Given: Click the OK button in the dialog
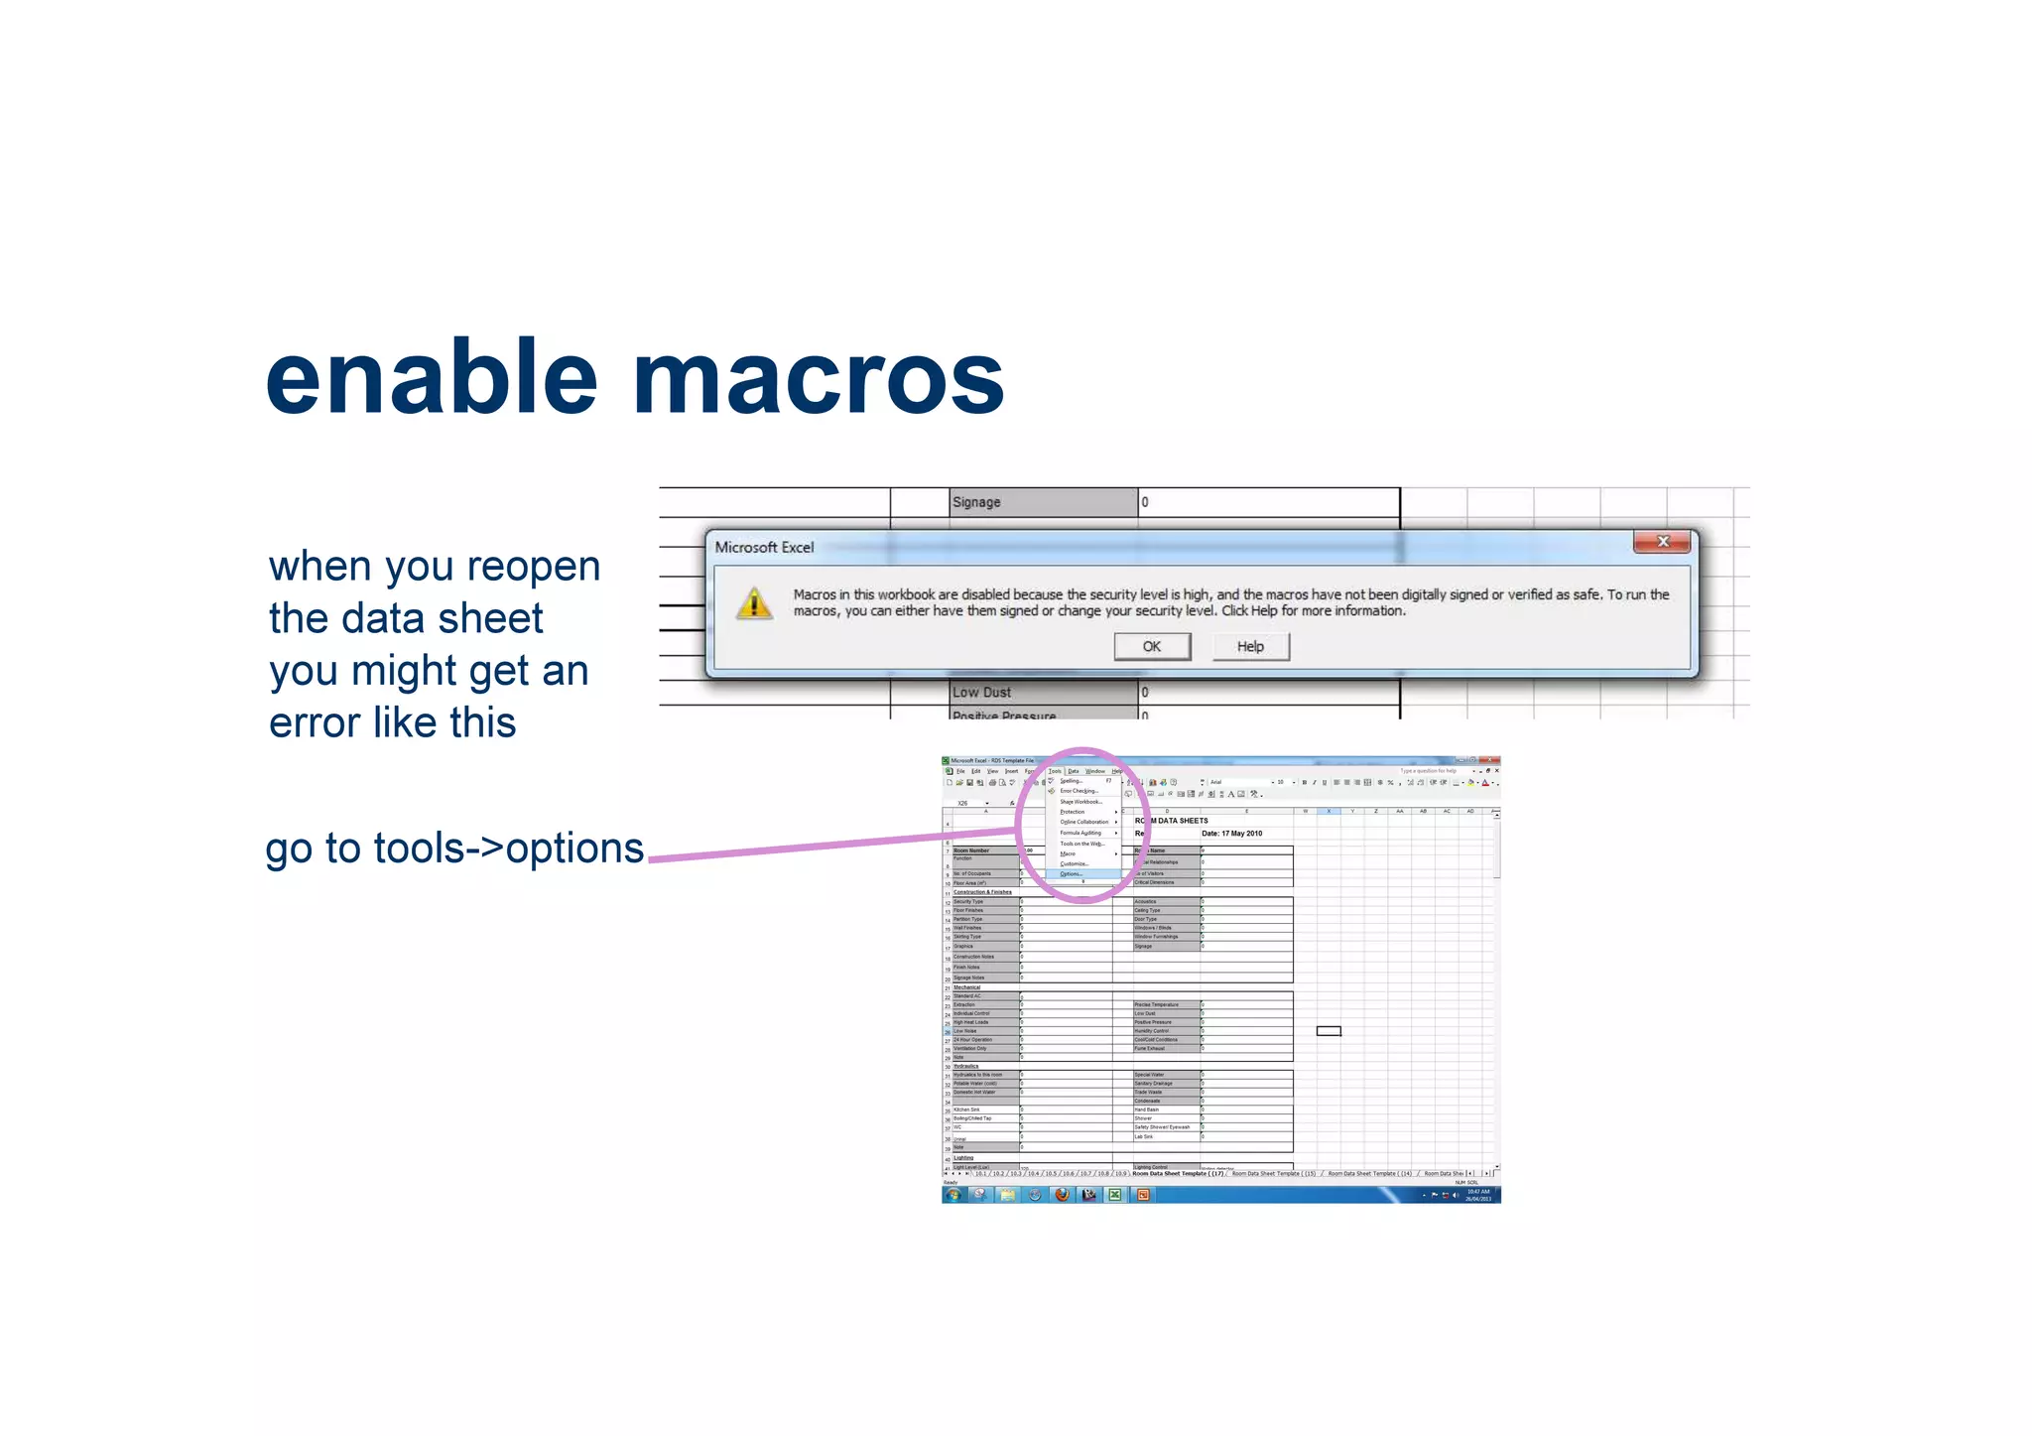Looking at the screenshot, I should click(1151, 647).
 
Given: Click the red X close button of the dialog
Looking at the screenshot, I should click(1663, 542).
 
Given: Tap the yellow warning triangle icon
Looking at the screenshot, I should click(754, 602).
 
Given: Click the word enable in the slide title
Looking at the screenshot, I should click(432, 379).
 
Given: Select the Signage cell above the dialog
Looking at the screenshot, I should click(1042, 502).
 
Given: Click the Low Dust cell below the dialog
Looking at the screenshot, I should click(1042, 692).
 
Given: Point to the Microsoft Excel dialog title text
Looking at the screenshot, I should click(764, 547).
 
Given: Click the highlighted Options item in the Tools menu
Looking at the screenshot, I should click(1072, 874).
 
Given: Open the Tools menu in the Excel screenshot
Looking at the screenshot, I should click(1055, 771).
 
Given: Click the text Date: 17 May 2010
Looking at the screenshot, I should click(1231, 834).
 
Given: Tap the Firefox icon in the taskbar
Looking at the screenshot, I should click(1062, 1195).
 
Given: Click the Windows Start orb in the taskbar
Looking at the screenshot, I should click(953, 1195).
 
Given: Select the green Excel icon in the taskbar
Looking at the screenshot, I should click(1115, 1195).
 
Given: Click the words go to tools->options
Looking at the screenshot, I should click(454, 849).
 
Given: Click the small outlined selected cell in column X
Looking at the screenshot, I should click(1329, 1031).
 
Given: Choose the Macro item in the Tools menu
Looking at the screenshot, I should click(1068, 853).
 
